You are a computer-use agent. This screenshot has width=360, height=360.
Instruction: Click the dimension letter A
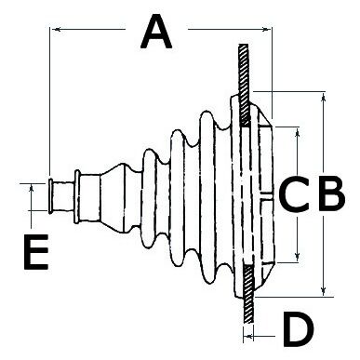156,33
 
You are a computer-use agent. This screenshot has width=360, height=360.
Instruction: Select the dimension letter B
331,193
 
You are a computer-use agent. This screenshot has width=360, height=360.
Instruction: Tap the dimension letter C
294,193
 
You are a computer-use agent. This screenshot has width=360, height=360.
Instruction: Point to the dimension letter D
299,329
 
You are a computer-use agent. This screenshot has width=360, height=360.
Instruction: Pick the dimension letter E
36,252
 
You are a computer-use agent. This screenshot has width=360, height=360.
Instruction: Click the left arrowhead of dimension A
57,29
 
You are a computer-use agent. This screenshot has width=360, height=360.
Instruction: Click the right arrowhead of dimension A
266,30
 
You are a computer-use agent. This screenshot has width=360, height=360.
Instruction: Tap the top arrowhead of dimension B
324,98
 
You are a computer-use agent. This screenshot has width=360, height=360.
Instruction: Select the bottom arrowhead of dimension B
324,291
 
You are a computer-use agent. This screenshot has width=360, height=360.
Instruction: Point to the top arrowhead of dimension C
298,133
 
